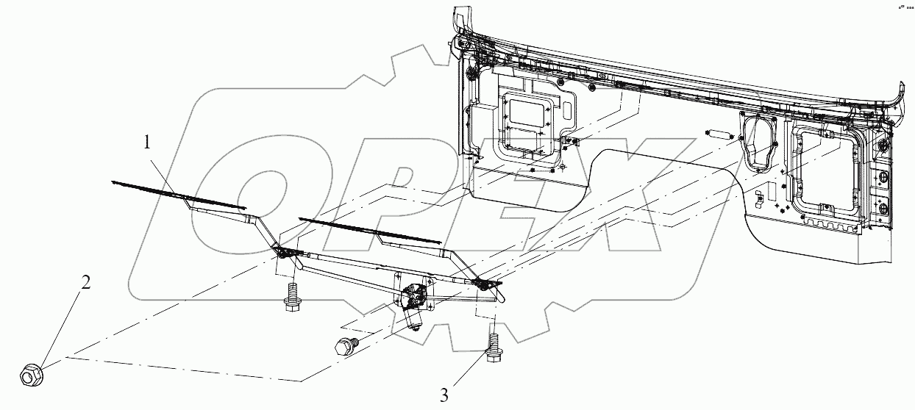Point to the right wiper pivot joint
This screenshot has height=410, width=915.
coord(485,283)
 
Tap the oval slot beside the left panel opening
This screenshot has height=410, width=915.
coord(568,111)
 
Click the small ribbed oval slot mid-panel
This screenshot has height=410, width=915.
coord(719,135)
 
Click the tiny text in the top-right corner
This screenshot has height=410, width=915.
coord(904,7)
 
